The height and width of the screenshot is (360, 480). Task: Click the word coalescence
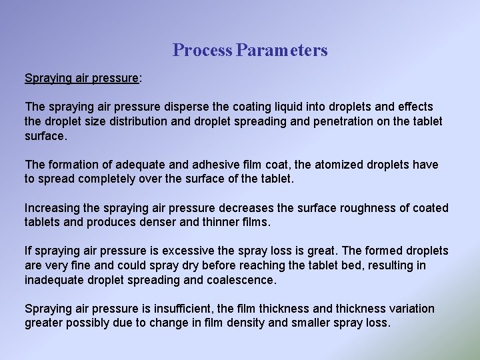point(242,280)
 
